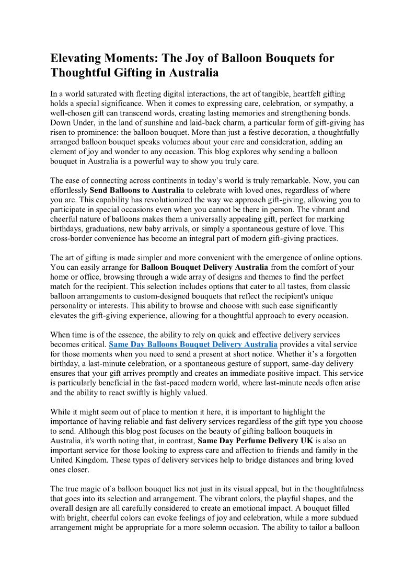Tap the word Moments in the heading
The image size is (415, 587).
[x=132, y=58]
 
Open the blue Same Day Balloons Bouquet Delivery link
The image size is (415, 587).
[x=193, y=344]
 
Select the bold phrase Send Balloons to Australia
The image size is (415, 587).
[x=137, y=190]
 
